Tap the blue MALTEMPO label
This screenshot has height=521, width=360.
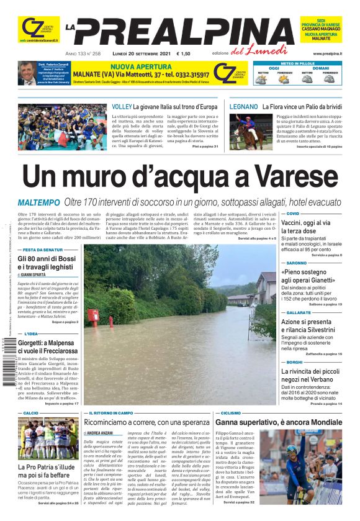pyautogui.click(x=39, y=202)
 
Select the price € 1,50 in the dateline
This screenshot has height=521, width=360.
pyautogui.click(x=184, y=54)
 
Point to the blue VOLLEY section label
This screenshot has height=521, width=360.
pyautogui.click(x=122, y=107)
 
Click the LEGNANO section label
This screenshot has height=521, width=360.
pyautogui.click(x=243, y=107)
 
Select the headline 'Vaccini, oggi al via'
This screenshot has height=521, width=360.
pyautogui.click(x=305, y=222)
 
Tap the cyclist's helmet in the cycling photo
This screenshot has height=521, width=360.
pyautogui.click(x=291, y=448)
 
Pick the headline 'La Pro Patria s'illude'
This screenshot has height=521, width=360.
pyautogui.click(x=47, y=467)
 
